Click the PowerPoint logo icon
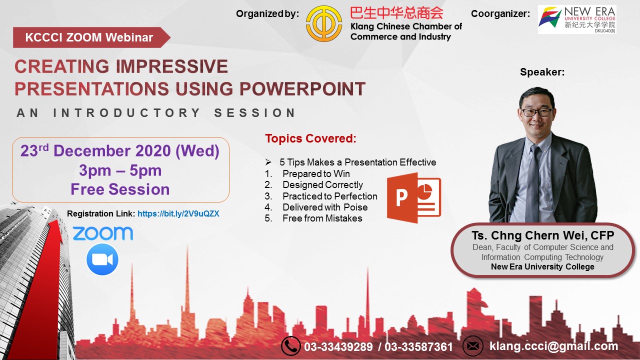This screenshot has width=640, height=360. click(414, 197)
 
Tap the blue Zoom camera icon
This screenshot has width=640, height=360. click(102, 259)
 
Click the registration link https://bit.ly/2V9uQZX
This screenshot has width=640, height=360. click(178, 213)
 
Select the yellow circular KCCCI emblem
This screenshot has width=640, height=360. click(323, 24)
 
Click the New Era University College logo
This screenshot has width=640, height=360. click(577, 19)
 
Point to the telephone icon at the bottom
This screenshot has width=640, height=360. click(290, 346)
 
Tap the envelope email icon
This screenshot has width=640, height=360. click(473, 346)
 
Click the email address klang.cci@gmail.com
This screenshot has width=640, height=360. click(553, 346)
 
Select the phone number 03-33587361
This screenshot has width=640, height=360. click(418, 347)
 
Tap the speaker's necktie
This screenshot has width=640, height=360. click(533, 183)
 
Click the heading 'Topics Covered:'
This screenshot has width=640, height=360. click(311, 138)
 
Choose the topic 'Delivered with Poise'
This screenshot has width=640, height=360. click(325, 207)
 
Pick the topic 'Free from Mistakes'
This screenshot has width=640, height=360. click(322, 218)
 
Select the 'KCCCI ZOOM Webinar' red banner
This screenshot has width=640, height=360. click(91, 37)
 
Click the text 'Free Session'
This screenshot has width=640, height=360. click(120, 189)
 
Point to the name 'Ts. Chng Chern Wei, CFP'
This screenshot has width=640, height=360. click(543, 235)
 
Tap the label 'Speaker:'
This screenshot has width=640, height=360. click(542, 72)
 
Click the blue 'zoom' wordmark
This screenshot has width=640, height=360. click(103, 233)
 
